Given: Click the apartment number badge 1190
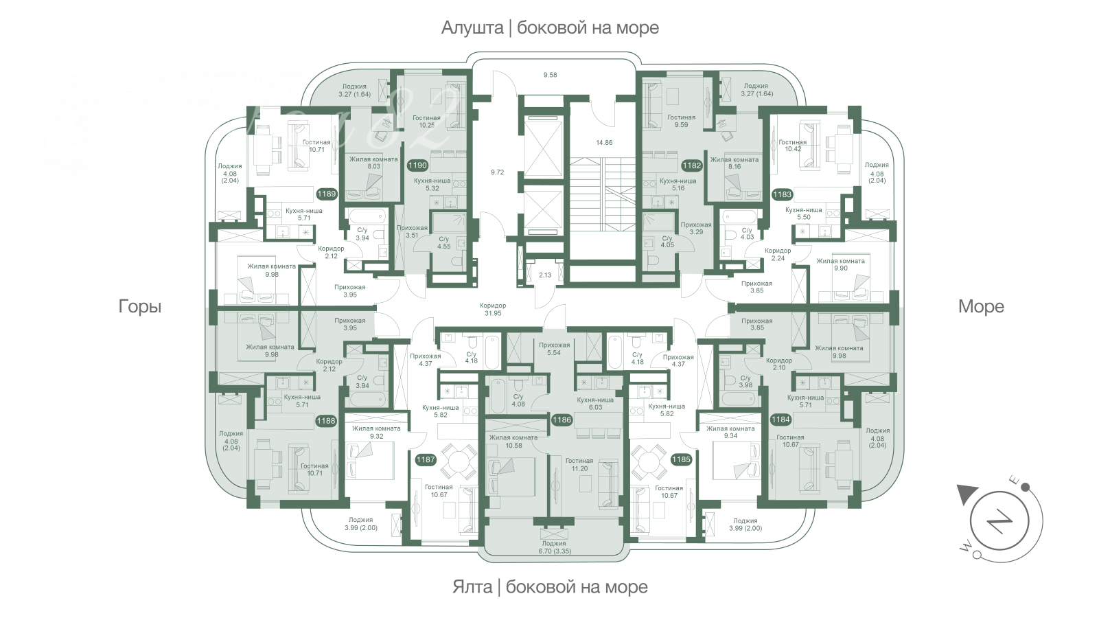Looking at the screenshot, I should click(x=417, y=165).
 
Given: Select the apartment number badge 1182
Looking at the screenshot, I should click(x=691, y=165).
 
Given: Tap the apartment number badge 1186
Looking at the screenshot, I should click(x=562, y=420).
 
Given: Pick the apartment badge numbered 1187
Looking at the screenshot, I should click(x=426, y=459).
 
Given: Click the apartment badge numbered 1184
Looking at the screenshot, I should click(x=780, y=419).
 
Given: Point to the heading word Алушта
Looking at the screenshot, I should click(x=472, y=28).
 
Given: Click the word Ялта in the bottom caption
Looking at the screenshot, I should click(x=472, y=587).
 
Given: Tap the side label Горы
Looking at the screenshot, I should click(x=140, y=306).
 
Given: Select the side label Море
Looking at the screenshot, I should click(x=980, y=306).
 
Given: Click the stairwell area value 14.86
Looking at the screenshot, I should click(x=604, y=143).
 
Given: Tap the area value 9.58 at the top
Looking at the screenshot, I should click(x=550, y=75).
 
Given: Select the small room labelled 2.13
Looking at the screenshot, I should click(x=545, y=275).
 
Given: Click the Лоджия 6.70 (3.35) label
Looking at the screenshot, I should click(x=554, y=547).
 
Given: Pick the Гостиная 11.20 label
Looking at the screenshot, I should click(x=579, y=465).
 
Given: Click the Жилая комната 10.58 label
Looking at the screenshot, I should click(x=513, y=442).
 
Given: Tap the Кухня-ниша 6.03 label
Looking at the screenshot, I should click(x=595, y=404).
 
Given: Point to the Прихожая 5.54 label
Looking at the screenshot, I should click(x=554, y=349).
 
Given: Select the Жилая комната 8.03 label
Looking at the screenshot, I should click(x=373, y=162).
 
